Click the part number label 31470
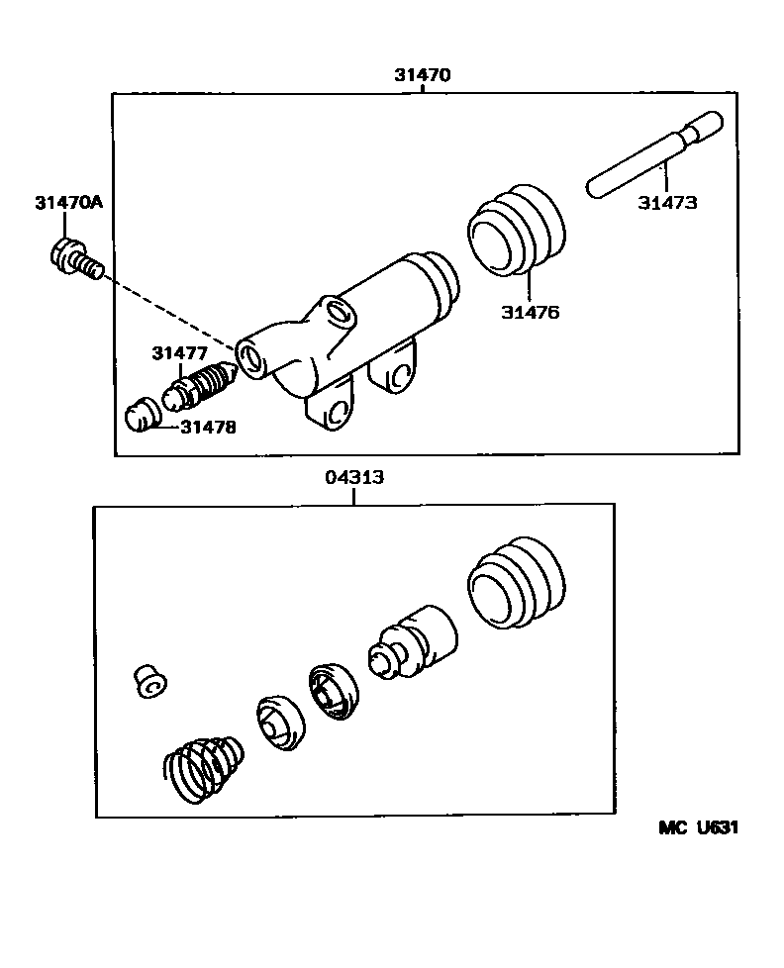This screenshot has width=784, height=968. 423,74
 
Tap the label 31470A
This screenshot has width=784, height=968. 68,203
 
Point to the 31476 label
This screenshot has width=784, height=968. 530,312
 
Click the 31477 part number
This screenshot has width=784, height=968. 180,352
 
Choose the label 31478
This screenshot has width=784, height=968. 208,427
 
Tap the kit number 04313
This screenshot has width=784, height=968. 353,477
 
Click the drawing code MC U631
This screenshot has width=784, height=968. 699,827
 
